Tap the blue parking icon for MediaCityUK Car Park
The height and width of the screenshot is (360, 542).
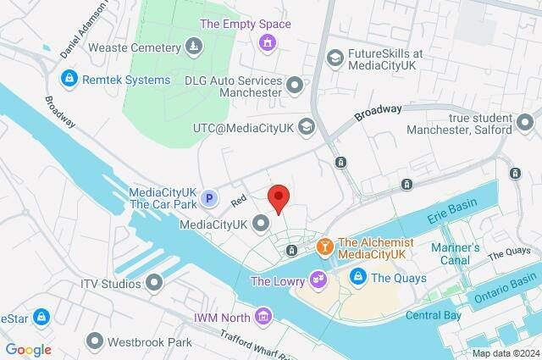point(212,197)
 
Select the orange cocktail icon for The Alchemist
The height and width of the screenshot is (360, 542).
point(324,246)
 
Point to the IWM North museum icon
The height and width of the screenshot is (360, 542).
point(264,317)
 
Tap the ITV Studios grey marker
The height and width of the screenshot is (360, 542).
point(154,282)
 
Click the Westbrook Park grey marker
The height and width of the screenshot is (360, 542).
point(94,342)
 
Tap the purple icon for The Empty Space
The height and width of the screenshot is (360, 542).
point(268,41)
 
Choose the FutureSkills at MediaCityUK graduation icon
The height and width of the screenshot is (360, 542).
point(335,57)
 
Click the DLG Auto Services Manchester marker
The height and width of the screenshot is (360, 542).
point(295,85)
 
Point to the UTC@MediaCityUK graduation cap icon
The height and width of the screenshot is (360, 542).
point(306,127)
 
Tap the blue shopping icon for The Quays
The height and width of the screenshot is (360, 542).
point(358,277)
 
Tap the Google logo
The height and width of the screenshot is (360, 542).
point(28,349)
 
